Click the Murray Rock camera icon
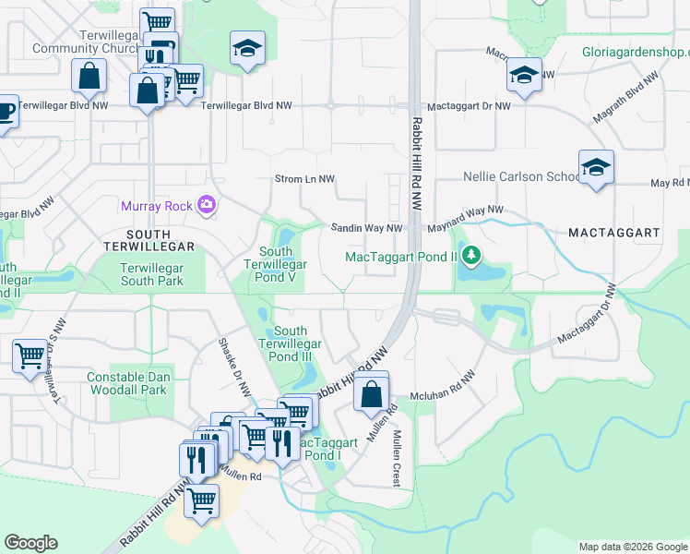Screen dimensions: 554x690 pyautogui.click(x=208, y=205)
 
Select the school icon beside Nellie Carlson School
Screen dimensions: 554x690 pyautogui.click(x=596, y=168)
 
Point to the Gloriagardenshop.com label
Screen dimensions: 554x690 pyautogui.click(x=636, y=54)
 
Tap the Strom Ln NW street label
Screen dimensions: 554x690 pyautogui.click(x=304, y=178)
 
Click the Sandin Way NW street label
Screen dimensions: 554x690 pyautogui.click(x=367, y=228)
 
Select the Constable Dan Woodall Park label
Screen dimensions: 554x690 pyautogui.click(x=126, y=383)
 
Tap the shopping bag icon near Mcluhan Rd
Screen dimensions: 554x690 pyautogui.click(x=370, y=393)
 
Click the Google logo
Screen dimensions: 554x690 pyautogui.click(x=30, y=543)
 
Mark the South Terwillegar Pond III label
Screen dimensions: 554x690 pyautogui.click(x=291, y=343)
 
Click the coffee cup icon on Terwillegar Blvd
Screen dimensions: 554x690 pyautogui.click(x=5, y=112)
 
